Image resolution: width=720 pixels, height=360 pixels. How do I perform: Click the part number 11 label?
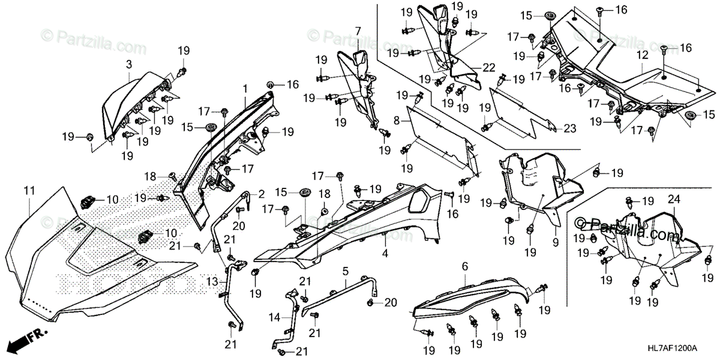click(29, 190)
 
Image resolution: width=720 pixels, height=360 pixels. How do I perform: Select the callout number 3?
click(128, 63)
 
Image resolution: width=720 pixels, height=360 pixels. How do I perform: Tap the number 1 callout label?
click(245, 89)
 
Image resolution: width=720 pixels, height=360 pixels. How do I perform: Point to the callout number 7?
click(358, 31)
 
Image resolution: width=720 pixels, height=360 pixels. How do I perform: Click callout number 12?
click(643, 55)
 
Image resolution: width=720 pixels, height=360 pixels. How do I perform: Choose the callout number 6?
click(465, 266)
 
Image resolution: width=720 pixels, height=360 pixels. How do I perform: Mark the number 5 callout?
click(345, 271)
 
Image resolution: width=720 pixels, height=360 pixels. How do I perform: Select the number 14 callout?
click(274, 316)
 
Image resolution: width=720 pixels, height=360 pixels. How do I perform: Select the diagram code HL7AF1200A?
click(688, 348)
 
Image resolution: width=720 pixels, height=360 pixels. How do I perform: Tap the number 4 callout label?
click(385, 254)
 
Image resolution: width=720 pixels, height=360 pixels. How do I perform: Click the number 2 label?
click(262, 194)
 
